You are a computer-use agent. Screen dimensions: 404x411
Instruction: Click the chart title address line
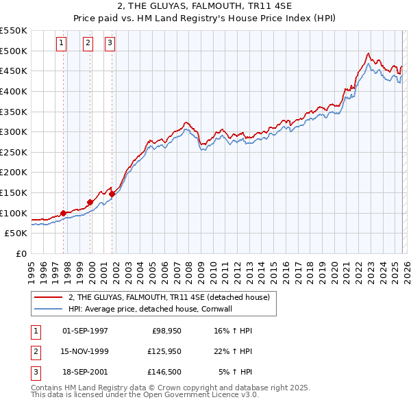pyautogui.click(x=205, y=7)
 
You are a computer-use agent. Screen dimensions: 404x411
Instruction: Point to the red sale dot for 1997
pyautogui.click(x=63, y=213)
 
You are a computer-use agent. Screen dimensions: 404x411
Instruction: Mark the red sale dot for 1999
pyautogui.click(x=90, y=202)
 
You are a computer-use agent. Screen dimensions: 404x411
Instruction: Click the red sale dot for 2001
pyautogui.click(x=112, y=194)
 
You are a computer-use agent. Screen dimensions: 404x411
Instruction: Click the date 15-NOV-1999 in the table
pyautogui.click(x=85, y=351)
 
